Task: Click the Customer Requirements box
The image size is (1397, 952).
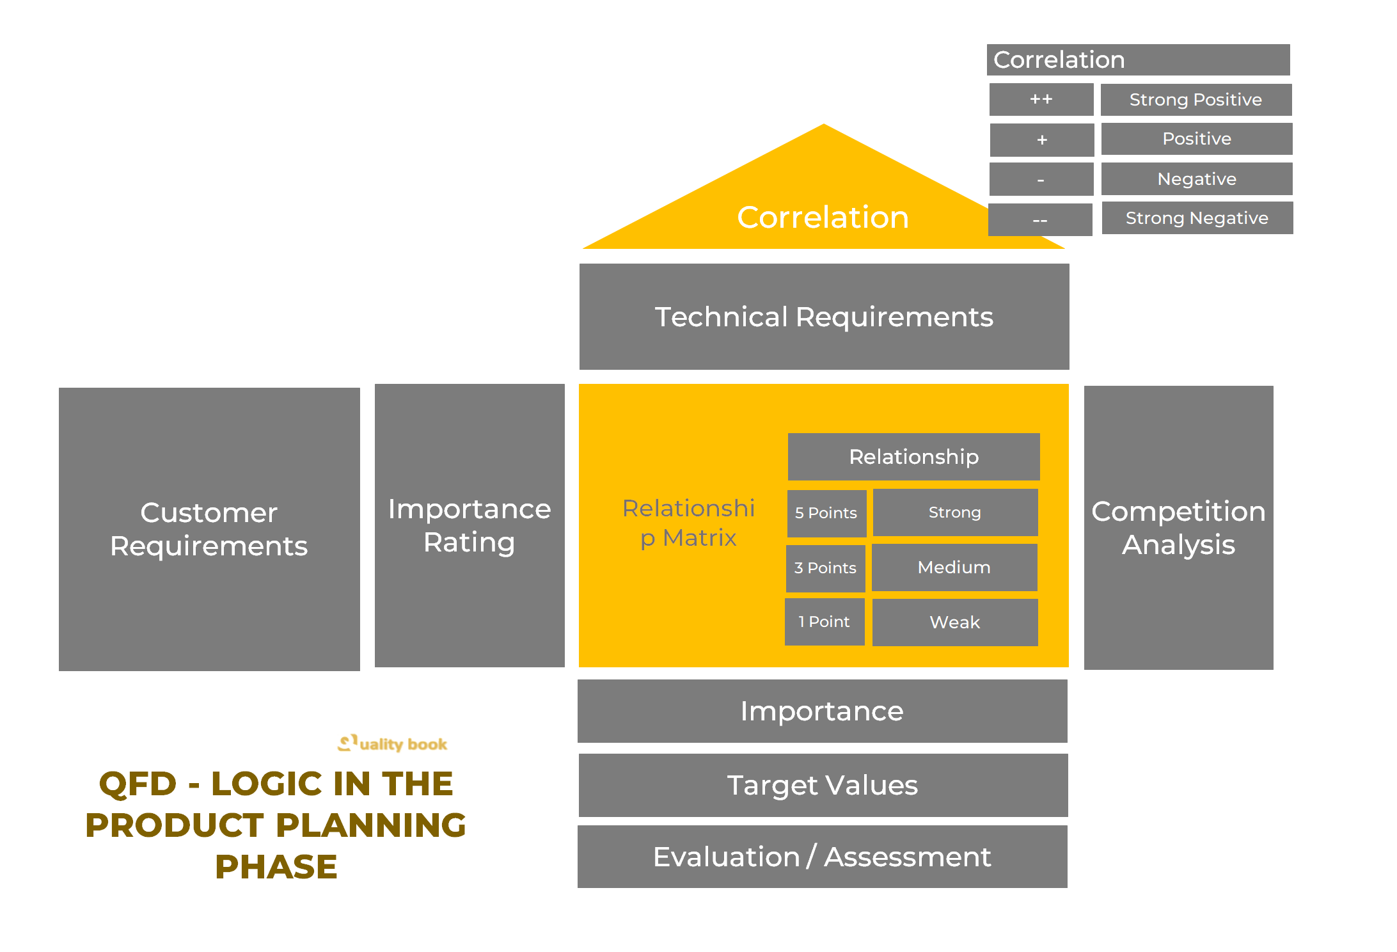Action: (x=209, y=529)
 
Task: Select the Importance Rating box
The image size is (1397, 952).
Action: (x=470, y=525)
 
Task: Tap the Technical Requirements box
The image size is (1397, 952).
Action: (x=824, y=317)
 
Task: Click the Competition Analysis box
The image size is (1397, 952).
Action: (x=1178, y=528)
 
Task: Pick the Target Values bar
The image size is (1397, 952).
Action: (x=823, y=785)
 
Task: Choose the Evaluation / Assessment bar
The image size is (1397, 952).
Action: (x=822, y=857)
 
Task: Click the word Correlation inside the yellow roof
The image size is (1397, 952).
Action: (x=823, y=218)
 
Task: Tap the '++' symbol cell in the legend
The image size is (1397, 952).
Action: (x=1041, y=100)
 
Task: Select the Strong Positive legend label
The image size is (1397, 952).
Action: (x=1196, y=100)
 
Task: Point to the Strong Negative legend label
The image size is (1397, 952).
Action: (x=1197, y=218)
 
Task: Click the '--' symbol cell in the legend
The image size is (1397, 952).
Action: (x=1040, y=220)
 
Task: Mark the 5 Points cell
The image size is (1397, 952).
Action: (x=826, y=513)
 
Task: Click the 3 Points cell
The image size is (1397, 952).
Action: (x=825, y=568)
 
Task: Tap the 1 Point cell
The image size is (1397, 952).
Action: (x=824, y=622)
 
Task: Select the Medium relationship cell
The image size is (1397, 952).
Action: (x=954, y=567)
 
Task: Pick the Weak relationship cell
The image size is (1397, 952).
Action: (x=954, y=623)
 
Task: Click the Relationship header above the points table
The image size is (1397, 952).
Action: (x=913, y=457)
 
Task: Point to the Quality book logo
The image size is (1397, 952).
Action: (x=392, y=743)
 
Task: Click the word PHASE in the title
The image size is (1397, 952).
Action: (x=276, y=868)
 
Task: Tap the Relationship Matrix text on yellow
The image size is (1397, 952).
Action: (x=688, y=523)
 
